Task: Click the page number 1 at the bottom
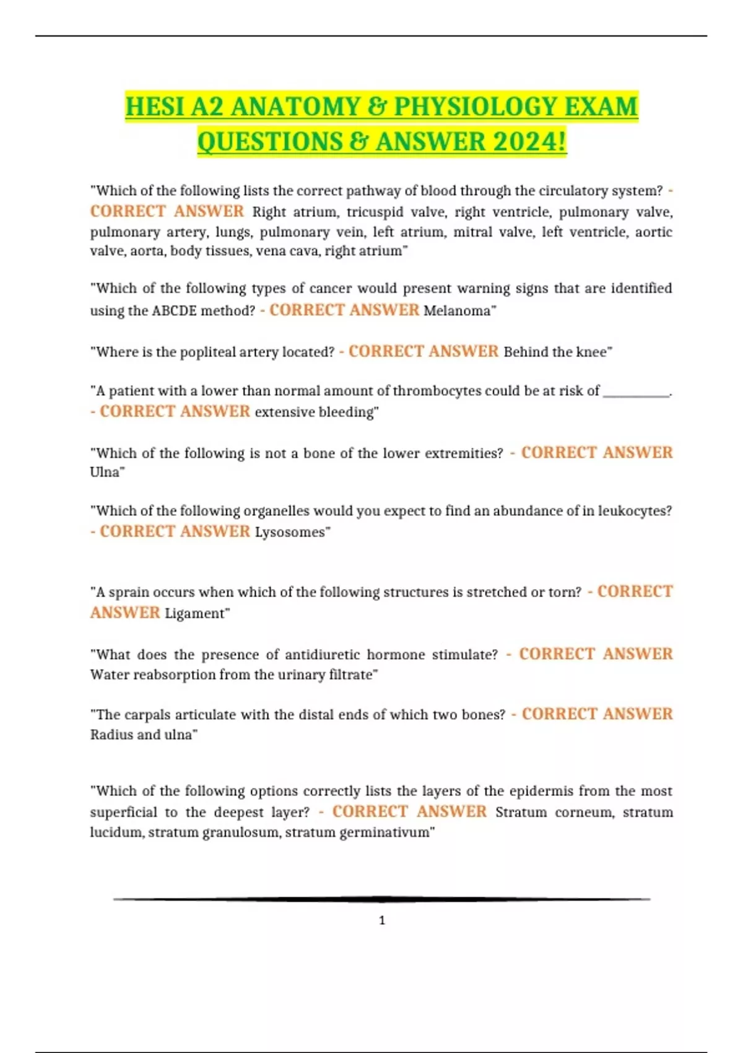click(382, 920)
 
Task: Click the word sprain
click(129, 593)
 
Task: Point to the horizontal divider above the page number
click(382, 899)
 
